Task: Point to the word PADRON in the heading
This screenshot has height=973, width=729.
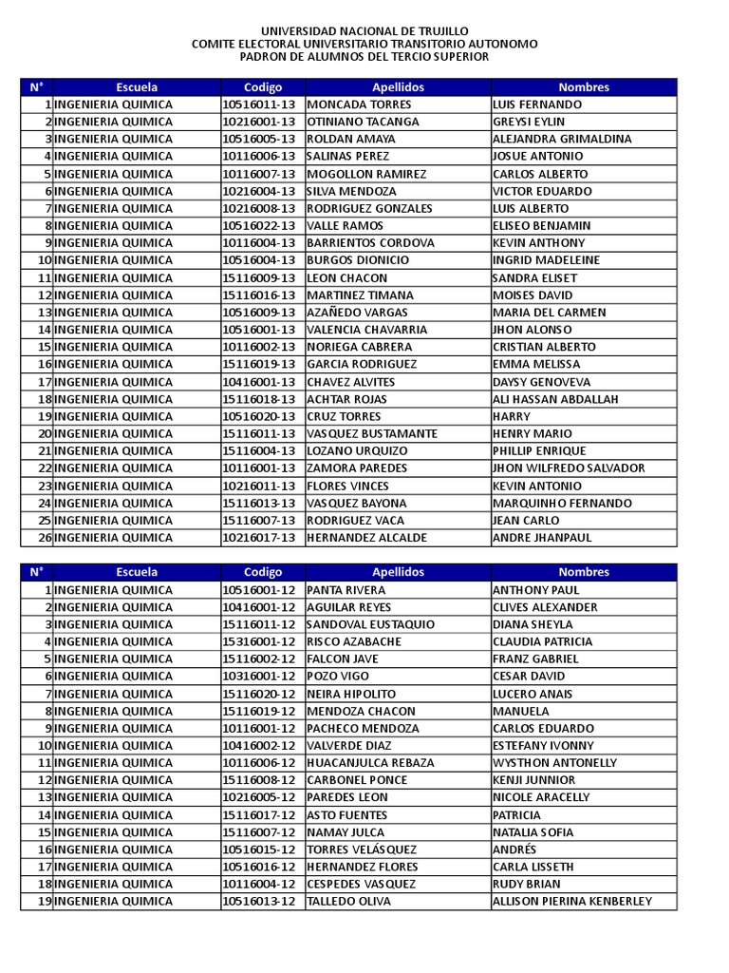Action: (264, 56)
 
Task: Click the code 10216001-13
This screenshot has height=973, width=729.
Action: (260, 122)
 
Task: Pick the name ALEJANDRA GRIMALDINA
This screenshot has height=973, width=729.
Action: (562, 139)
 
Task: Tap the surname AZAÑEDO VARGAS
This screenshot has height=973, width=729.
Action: (358, 312)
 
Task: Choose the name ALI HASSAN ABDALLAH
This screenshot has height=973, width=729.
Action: (555, 399)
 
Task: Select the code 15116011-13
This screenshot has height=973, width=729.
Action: (260, 433)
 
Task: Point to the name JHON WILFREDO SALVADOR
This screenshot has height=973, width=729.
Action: (569, 467)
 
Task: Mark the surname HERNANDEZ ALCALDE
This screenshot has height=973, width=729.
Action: (367, 537)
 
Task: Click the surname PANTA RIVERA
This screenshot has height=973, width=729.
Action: (346, 589)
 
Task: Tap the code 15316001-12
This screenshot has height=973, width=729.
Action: (260, 641)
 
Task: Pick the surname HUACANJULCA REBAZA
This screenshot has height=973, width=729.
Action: (371, 762)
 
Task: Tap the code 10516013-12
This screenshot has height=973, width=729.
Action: (260, 901)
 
